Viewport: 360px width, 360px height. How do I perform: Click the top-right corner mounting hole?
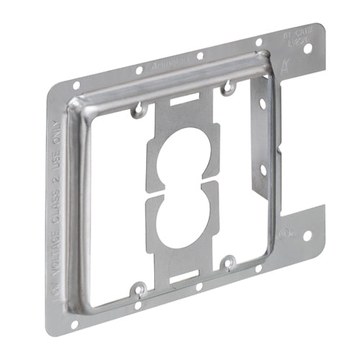pos(308,50)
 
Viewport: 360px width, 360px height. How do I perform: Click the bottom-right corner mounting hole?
pos(307,235)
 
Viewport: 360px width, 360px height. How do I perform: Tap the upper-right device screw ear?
pos(228,89)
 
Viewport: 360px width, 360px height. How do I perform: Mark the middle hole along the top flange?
pos(199,55)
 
